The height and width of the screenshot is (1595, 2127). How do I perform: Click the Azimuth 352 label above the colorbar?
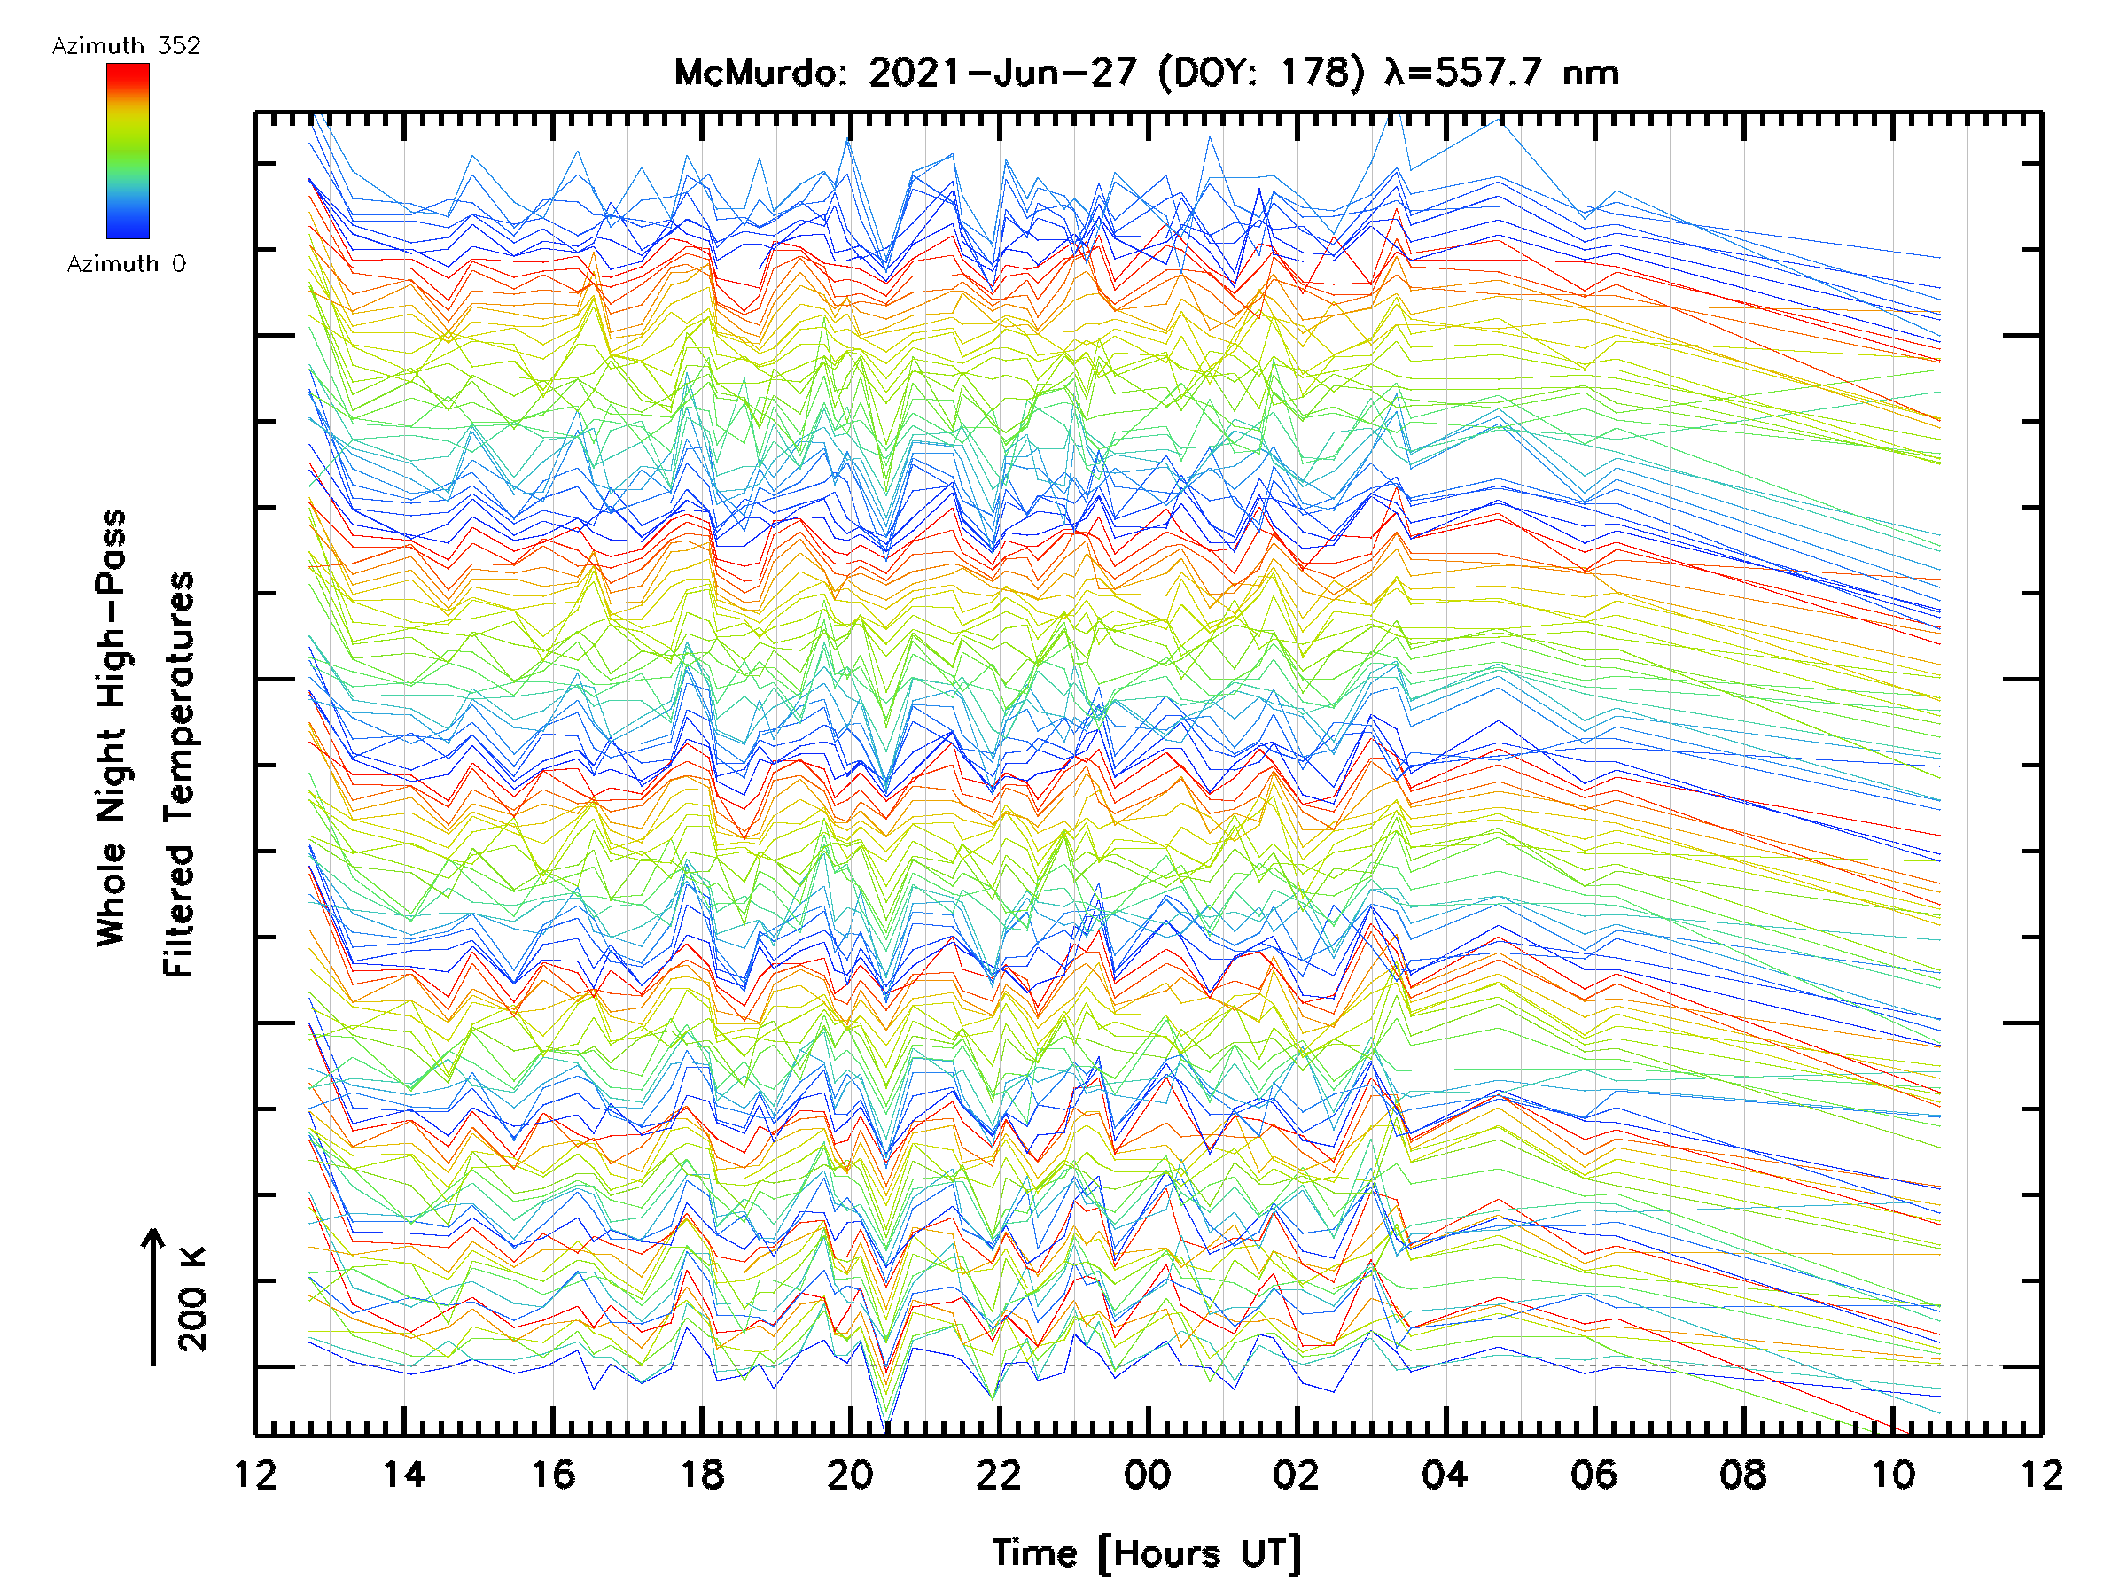point(126,46)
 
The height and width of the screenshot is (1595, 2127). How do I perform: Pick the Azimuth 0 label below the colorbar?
point(126,263)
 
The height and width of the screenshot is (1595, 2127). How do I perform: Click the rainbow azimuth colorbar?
point(128,151)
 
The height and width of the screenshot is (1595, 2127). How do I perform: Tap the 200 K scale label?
point(193,1298)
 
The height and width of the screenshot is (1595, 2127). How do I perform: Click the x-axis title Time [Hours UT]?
point(1147,1553)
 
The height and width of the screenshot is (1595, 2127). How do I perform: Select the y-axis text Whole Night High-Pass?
point(112,727)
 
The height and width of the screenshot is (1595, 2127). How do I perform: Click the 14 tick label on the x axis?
point(404,1474)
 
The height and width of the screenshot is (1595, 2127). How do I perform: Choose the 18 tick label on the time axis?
point(702,1474)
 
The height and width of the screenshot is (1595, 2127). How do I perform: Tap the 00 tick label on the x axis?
point(1147,1474)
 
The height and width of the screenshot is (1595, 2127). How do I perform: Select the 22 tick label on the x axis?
point(999,1474)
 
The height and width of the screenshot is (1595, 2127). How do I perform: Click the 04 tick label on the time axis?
point(1445,1474)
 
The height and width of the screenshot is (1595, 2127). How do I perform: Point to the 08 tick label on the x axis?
point(1742,1474)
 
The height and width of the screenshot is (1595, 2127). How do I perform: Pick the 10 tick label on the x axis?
point(1892,1474)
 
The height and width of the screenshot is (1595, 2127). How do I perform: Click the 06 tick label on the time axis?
point(1593,1474)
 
